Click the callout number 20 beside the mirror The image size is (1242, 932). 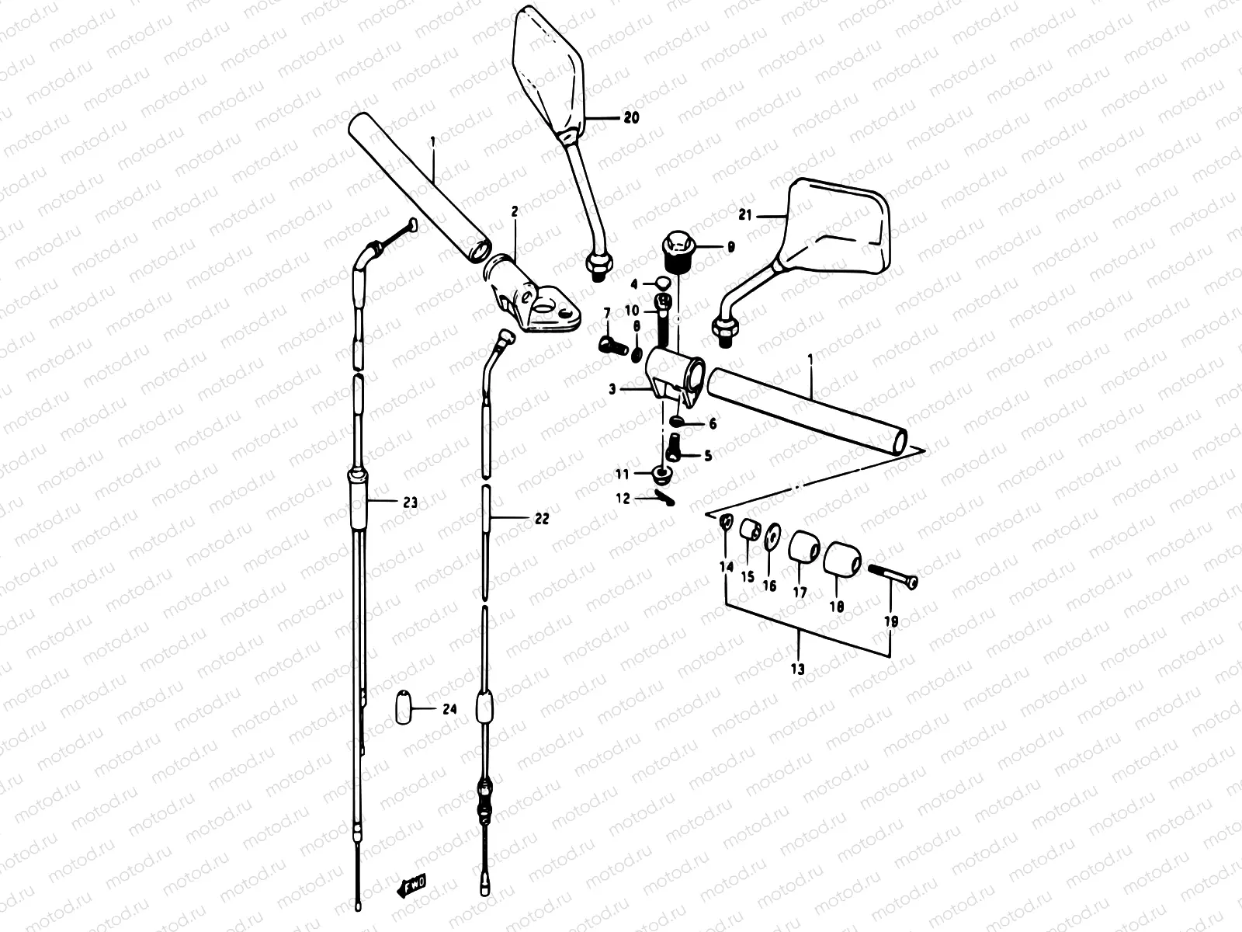click(631, 118)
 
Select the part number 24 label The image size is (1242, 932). click(450, 709)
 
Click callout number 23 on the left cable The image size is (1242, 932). click(409, 503)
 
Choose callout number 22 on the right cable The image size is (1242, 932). click(541, 518)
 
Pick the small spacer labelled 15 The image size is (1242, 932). click(749, 531)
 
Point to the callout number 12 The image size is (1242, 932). click(623, 499)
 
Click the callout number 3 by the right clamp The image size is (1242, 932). click(613, 389)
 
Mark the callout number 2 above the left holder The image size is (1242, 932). click(514, 211)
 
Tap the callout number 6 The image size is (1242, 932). click(712, 424)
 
